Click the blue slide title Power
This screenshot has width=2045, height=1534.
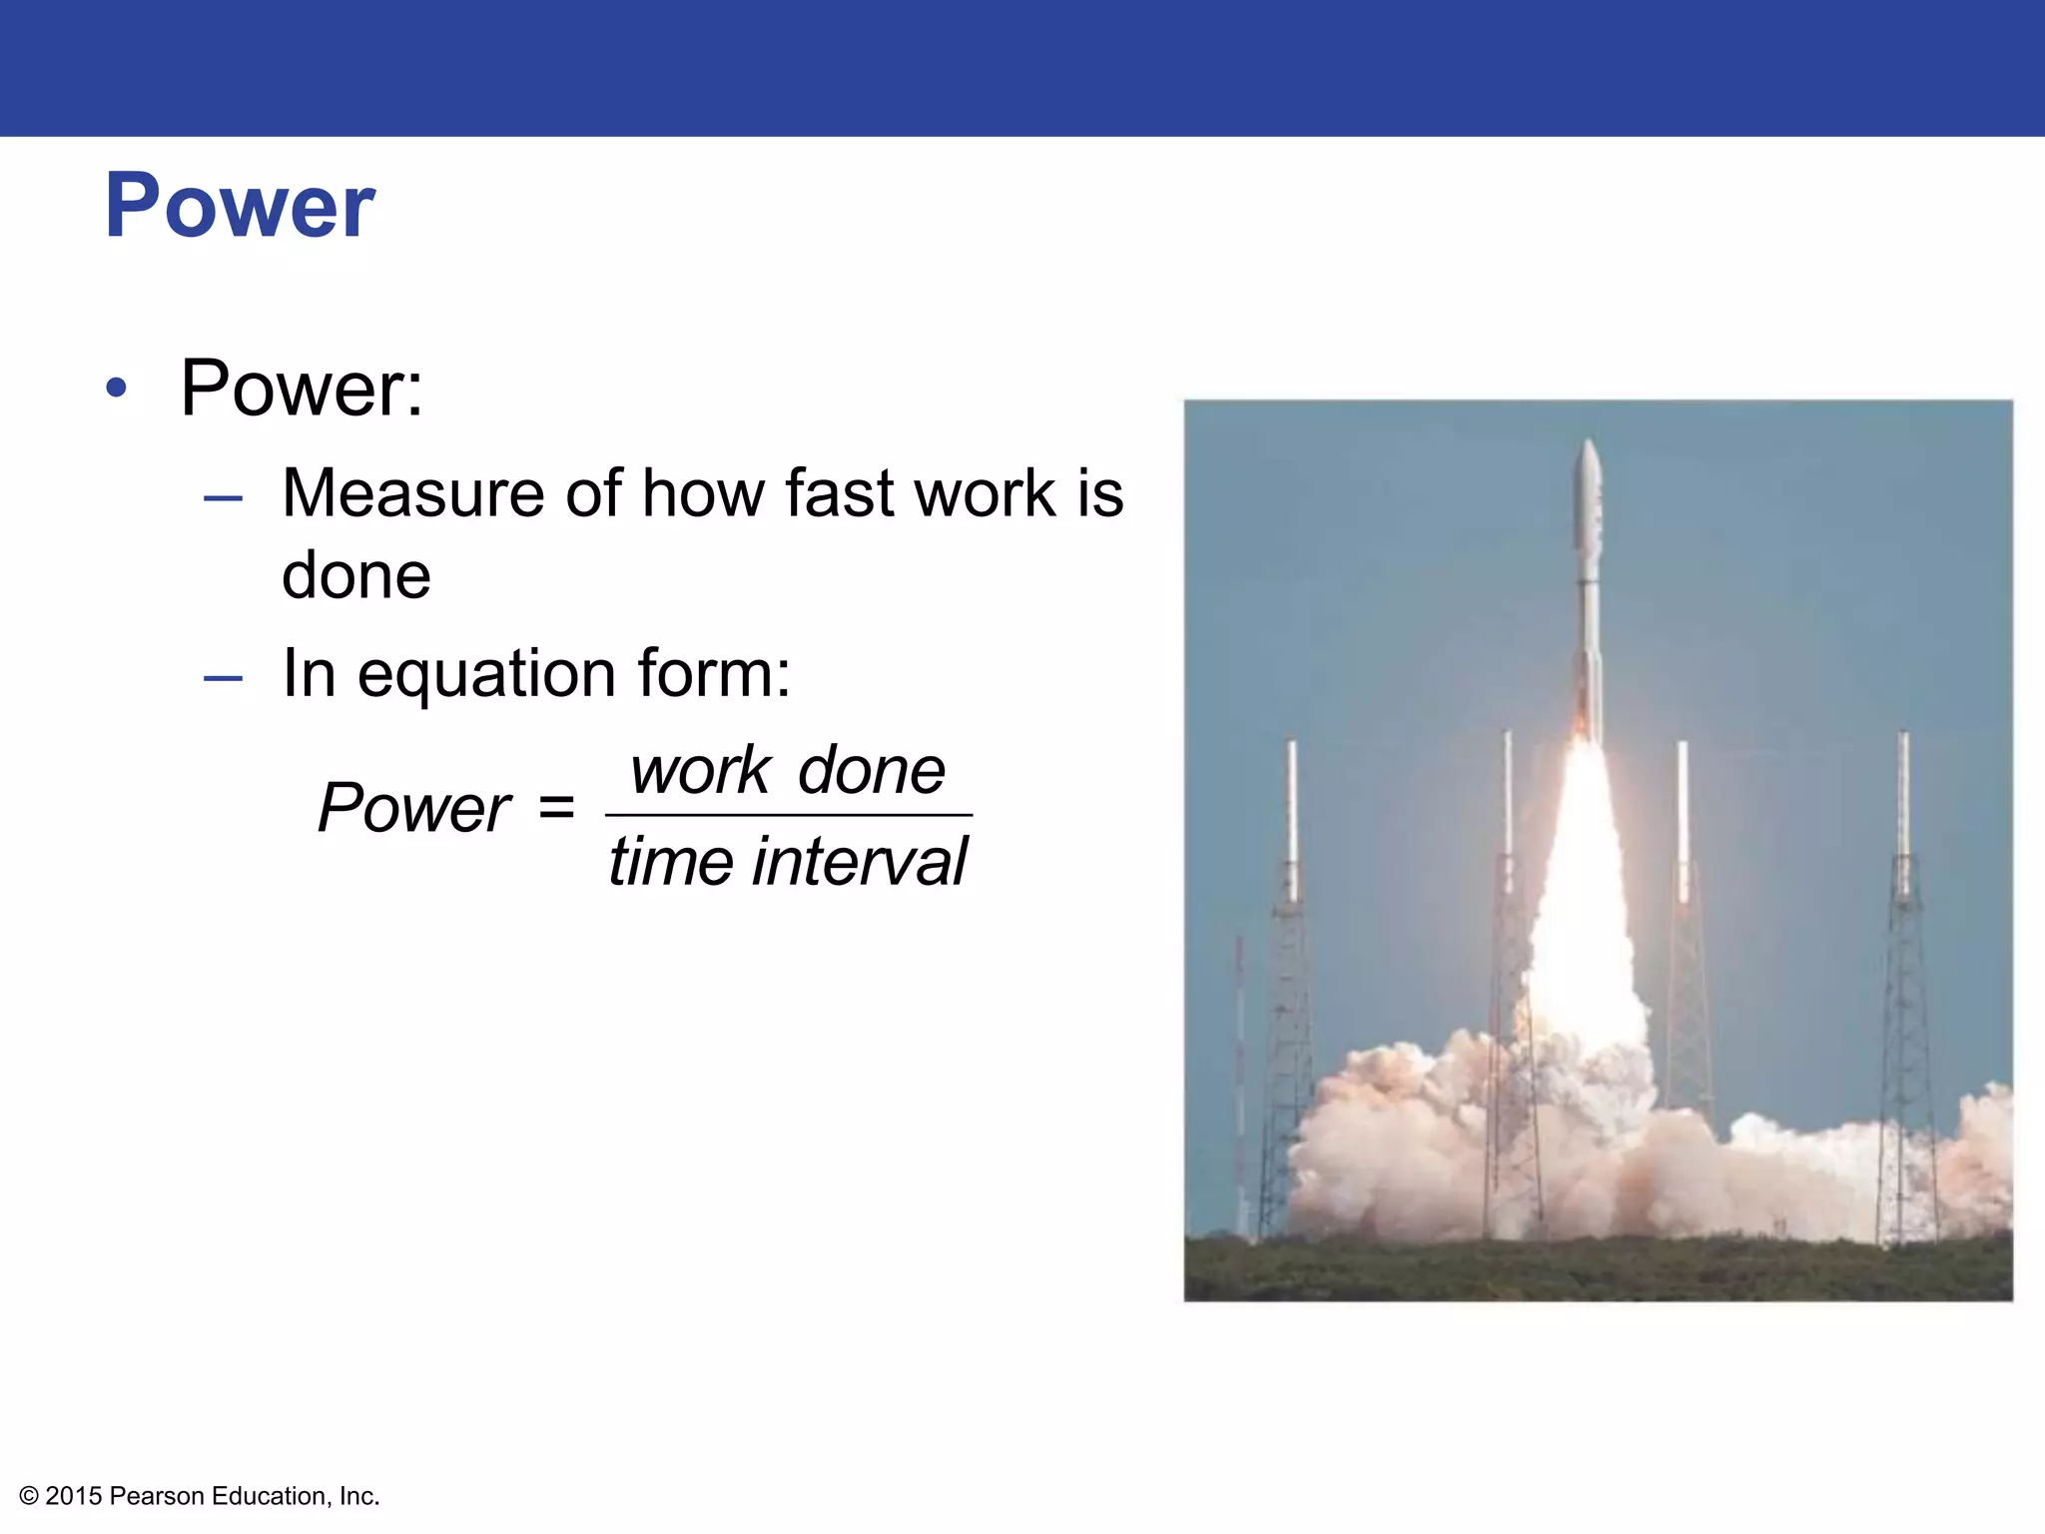pos(240,207)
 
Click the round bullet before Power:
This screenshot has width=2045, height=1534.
pos(117,388)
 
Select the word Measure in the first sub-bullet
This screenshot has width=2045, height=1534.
pos(414,493)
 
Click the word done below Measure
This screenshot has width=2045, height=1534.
pos(356,576)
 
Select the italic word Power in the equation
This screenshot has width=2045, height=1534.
pos(413,808)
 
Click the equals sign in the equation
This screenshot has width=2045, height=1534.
pos(556,807)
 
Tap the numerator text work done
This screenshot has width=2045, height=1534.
pos(788,771)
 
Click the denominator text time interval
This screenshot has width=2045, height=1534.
pos(788,862)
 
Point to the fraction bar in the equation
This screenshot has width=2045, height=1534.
pos(788,815)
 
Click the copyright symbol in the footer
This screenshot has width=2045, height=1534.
pos(29,1496)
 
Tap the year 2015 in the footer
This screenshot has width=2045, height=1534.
pos(74,1496)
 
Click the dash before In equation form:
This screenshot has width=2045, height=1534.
pos(223,678)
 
